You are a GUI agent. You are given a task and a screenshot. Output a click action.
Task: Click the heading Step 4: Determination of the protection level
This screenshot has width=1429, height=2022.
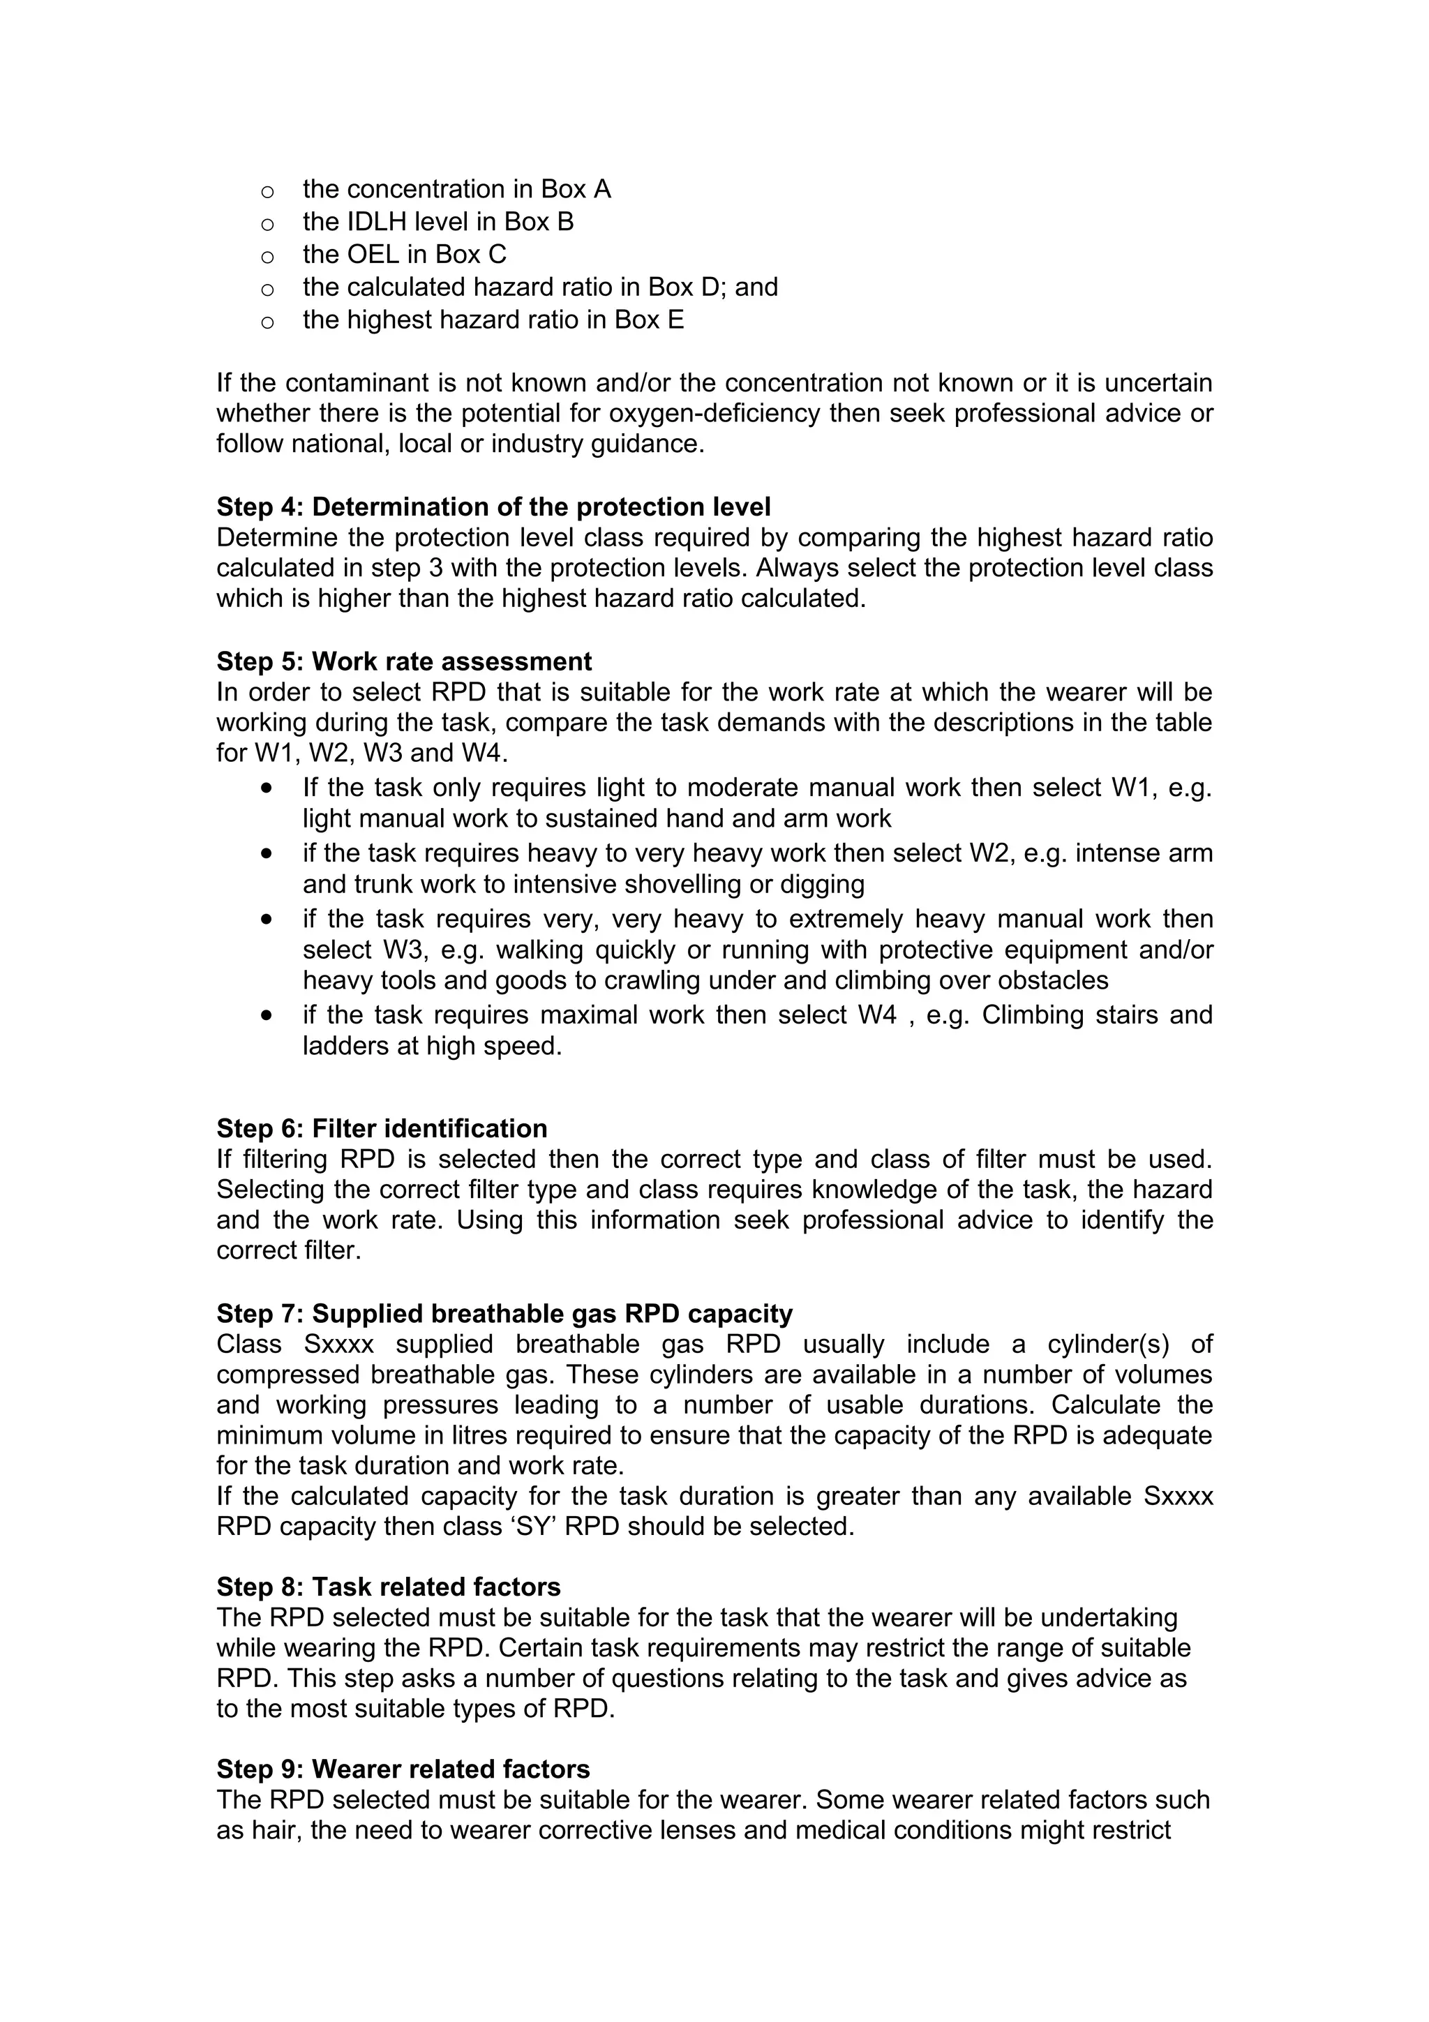(x=493, y=507)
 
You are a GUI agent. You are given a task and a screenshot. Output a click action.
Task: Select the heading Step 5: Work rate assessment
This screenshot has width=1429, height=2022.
(x=404, y=661)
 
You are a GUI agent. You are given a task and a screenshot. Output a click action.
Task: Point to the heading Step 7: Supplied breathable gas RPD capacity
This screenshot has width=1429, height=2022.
(x=504, y=1313)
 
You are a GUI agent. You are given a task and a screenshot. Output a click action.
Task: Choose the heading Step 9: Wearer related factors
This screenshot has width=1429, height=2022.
(x=403, y=1769)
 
